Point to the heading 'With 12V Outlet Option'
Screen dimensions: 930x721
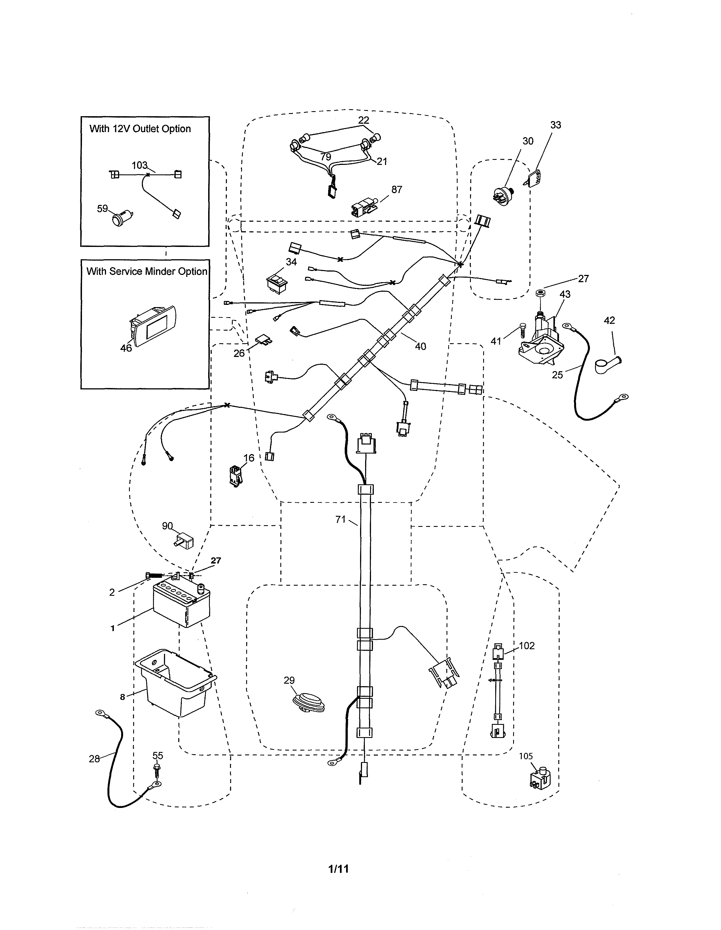tap(140, 129)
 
